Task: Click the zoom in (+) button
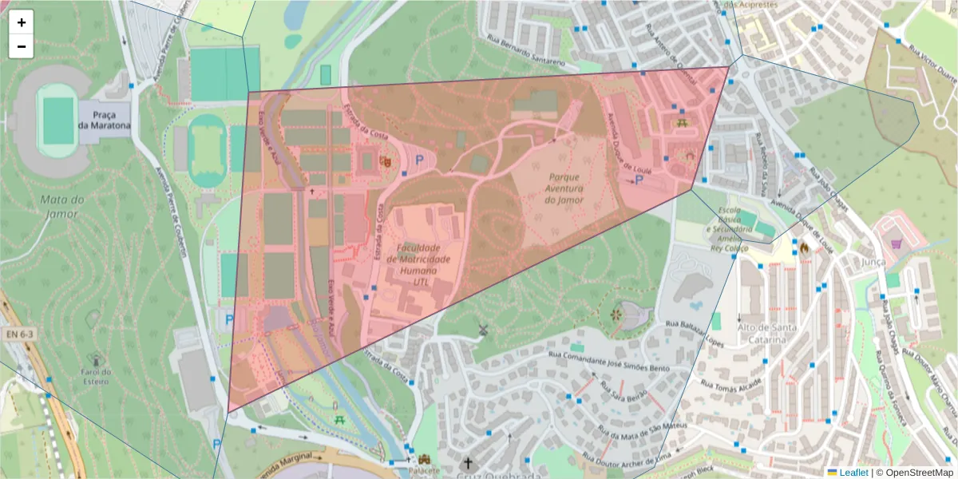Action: coord(22,22)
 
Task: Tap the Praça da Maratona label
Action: coord(104,120)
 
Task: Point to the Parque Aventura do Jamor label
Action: coord(564,188)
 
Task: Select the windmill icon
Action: coord(482,329)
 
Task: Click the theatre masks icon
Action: coord(385,161)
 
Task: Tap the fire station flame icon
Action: coord(804,248)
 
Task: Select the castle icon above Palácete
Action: coord(424,460)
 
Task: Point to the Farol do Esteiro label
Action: coord(96,376)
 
